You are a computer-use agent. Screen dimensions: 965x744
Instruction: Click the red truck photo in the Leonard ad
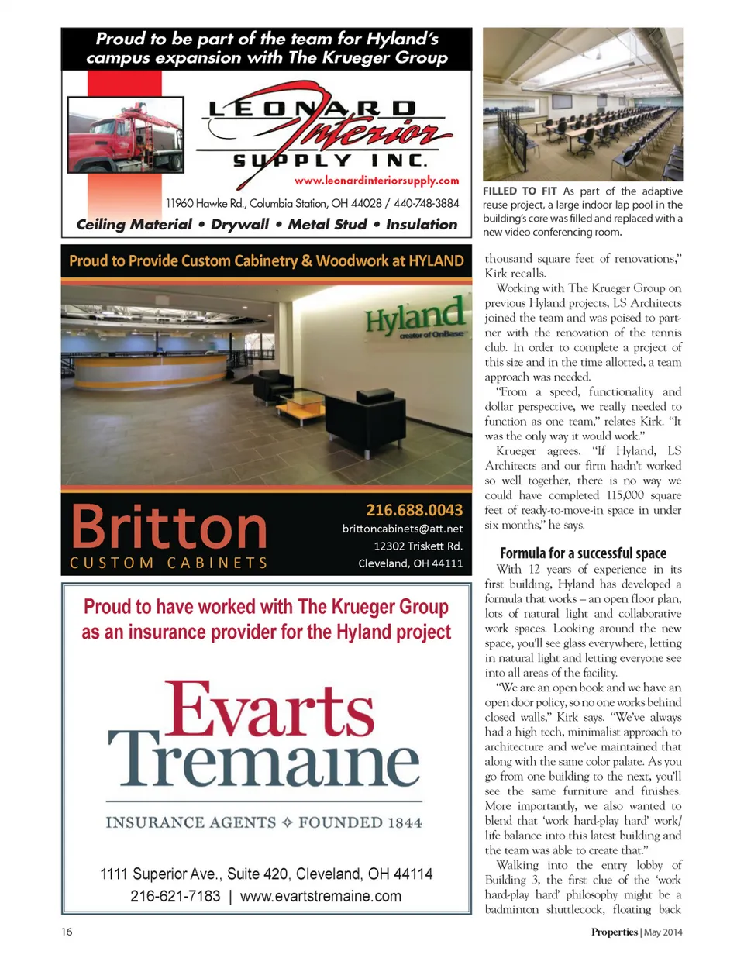tap(126, 135)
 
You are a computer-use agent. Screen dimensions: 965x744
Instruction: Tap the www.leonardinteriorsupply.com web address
tap(377, 181)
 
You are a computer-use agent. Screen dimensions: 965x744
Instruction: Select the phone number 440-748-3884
tap(426, 203)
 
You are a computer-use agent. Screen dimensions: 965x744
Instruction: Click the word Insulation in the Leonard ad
tap(422, 224)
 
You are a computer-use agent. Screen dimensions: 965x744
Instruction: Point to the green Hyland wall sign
tap(415, 316)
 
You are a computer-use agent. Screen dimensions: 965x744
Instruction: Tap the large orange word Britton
tap(169, 527)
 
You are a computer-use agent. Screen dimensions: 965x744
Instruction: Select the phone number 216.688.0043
tap(414, 510)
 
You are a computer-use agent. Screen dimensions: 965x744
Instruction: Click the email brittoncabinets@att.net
tap(402, 529)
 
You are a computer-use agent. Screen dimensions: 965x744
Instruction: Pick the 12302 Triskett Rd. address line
tap(418, 546)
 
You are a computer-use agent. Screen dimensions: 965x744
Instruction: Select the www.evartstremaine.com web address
tap(321, 897)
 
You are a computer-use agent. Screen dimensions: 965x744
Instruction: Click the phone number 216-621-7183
tap(175, 897)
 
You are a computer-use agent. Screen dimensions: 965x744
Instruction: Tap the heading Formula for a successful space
tap(583, 553)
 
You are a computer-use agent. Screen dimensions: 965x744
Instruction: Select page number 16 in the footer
tap(67, 932)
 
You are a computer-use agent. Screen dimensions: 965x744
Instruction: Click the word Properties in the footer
tap(614, 932)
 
